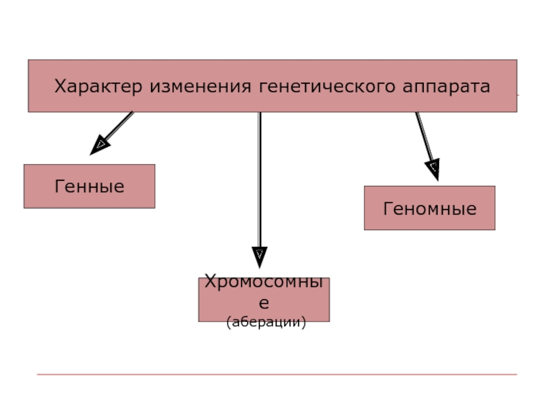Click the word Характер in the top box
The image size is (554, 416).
[99, 87]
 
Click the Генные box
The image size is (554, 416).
[89, 187]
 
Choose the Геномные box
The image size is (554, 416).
[429, 208]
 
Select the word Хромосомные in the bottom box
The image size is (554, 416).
[263, 284]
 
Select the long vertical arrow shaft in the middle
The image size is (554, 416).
[260, 180]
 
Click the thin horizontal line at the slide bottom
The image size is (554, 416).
[277, 374]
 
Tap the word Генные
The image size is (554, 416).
[89, 187]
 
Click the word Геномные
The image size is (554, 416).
[429, 208]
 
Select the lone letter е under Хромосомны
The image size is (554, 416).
[264, 304]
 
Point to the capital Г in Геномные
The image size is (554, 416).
[387, 208]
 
